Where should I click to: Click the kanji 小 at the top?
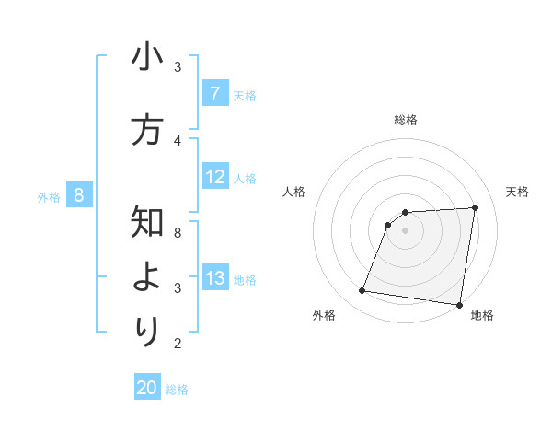(147, 57)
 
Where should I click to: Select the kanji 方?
(147, 130)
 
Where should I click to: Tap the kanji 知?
(147, 222)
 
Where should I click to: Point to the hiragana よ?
(147, 277)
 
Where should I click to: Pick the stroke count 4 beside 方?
(178, 140)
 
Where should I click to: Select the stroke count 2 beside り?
(178, 344)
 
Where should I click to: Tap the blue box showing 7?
(214, 94)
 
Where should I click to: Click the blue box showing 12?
(214, 177)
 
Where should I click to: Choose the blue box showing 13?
(214, 278)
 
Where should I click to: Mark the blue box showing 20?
(147, 388)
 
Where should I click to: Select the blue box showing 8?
(78, 195)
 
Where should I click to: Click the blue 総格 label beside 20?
(177, 390)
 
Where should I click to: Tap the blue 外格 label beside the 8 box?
(49, 196)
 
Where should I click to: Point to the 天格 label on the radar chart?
(517, 192)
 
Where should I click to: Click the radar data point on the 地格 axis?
(459, 305)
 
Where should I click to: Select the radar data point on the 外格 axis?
(362, 291)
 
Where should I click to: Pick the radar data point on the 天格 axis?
(475, 207)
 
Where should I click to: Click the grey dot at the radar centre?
(405, 230)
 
